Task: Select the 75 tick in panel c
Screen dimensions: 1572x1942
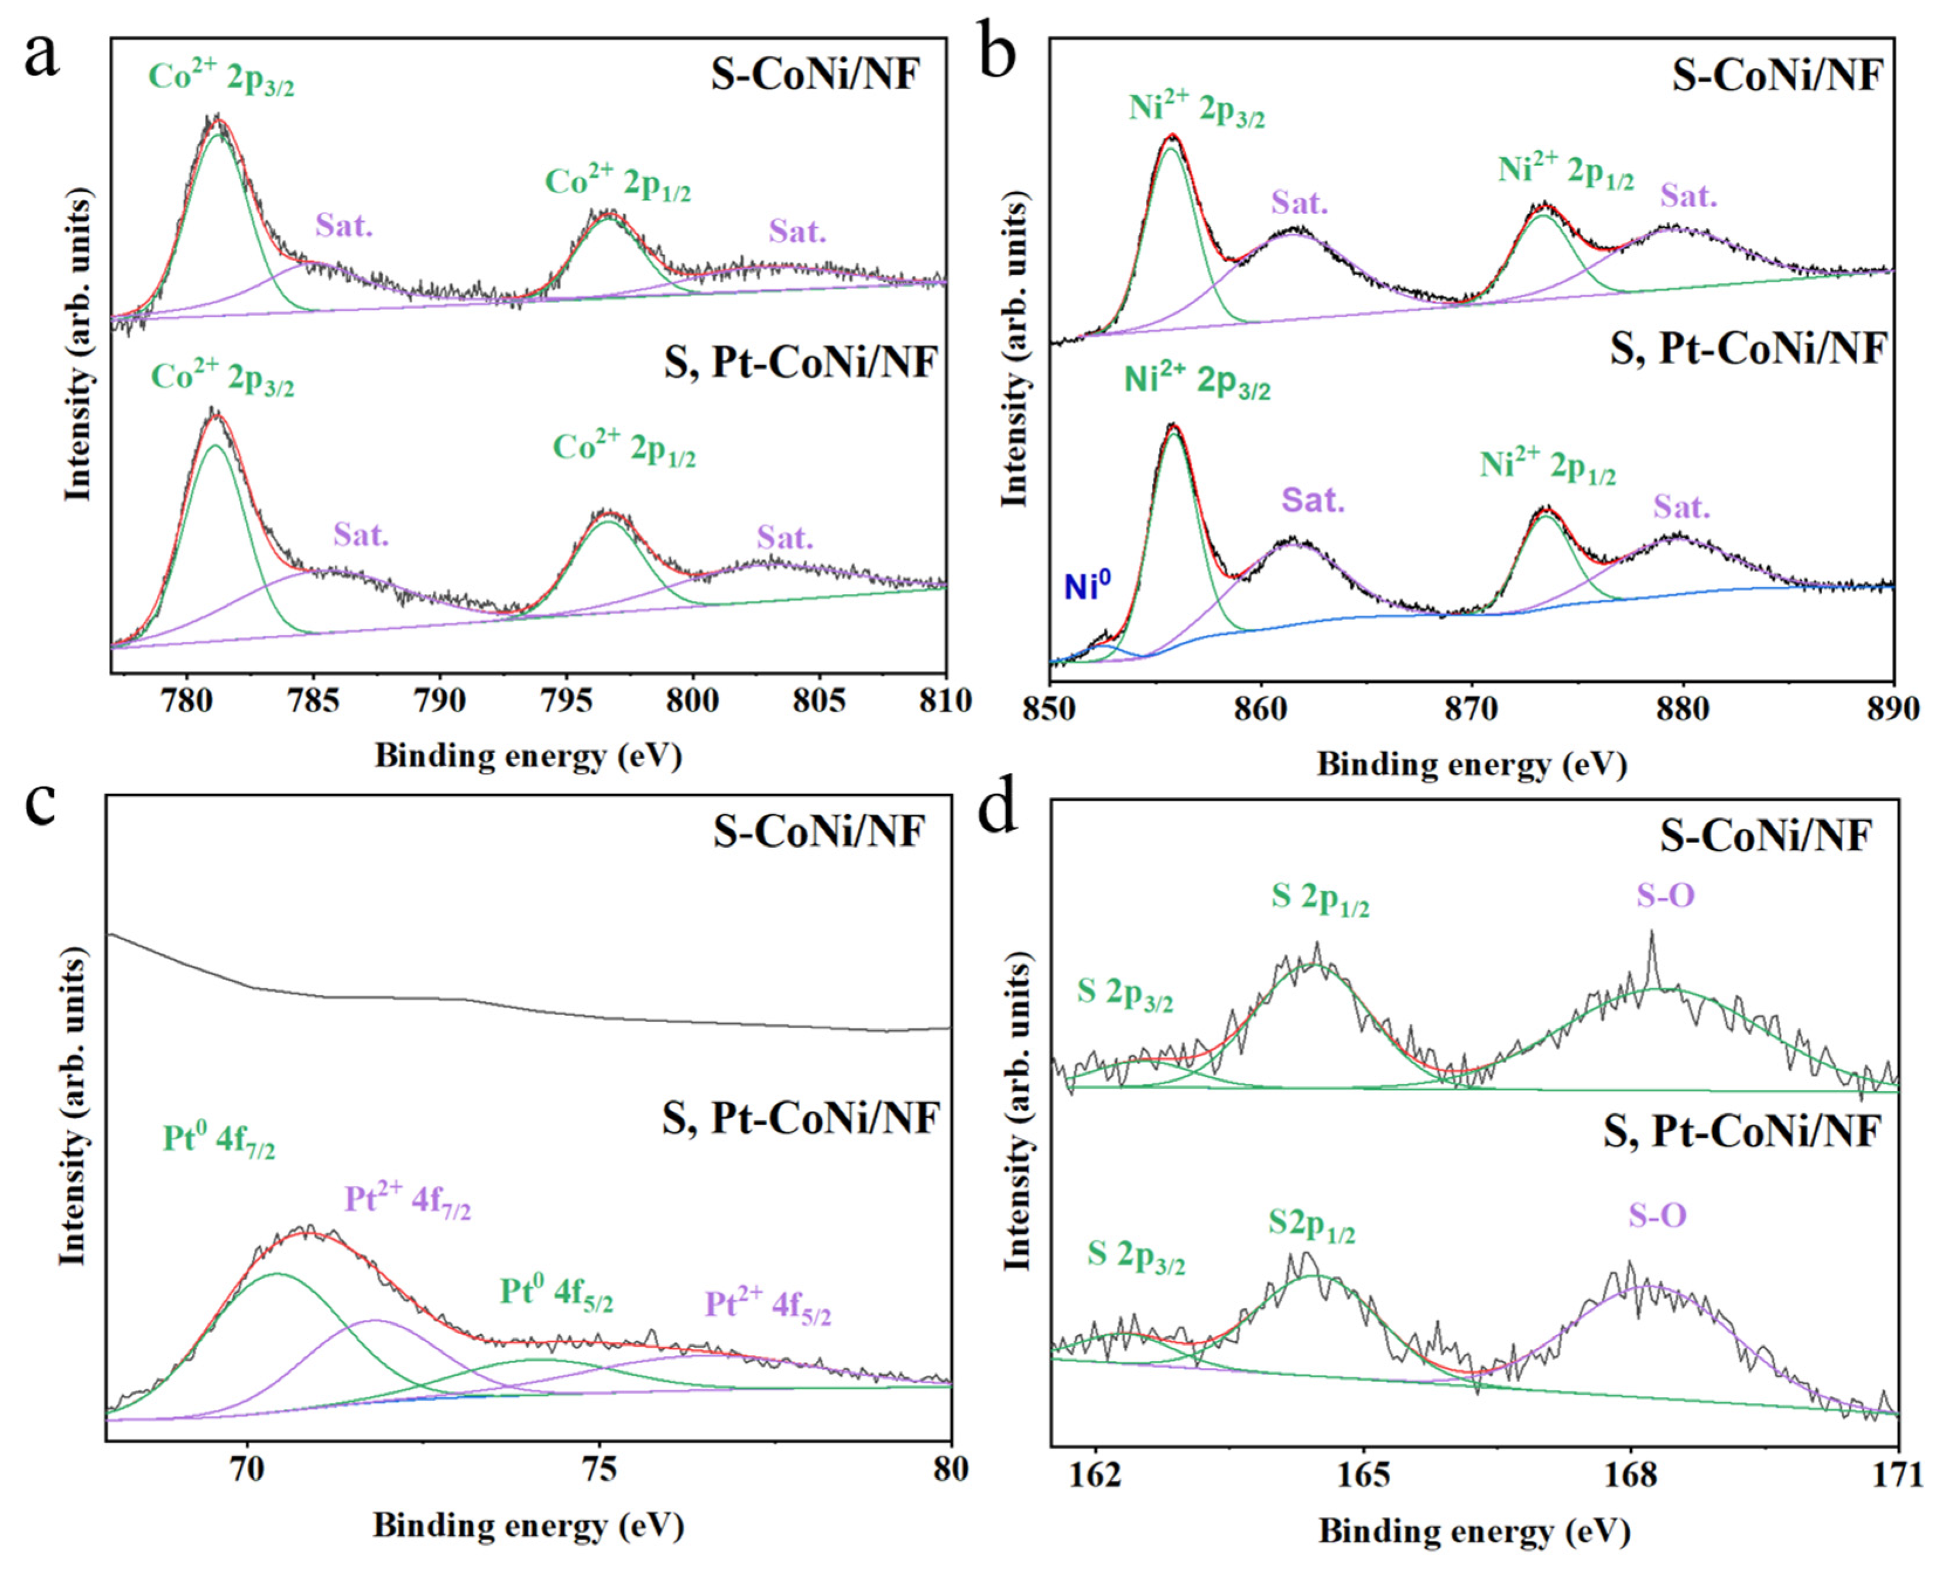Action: click(x=598, y=1470)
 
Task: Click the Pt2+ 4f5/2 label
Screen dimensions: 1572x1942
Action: click(x=767, y=1306)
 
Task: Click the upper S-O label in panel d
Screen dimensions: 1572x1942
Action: click(x=1665, y=896)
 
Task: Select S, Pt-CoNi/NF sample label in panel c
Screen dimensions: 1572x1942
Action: click(x=800, y=1119)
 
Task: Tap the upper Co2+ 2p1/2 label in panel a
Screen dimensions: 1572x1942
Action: click(x=617, y=184)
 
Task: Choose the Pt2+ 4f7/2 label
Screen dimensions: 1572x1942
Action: click(x=407, y=1202)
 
